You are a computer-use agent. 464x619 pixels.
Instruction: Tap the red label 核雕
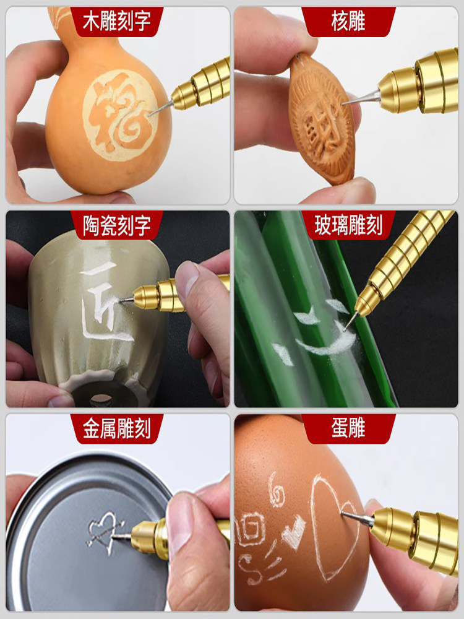(x=348, y=22)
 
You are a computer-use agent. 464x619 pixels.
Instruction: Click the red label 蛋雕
(x=348, y=429)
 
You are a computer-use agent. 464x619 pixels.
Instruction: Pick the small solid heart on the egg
(x=294, y=528)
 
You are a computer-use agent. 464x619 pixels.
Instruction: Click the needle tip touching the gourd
(x=150, y=114)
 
